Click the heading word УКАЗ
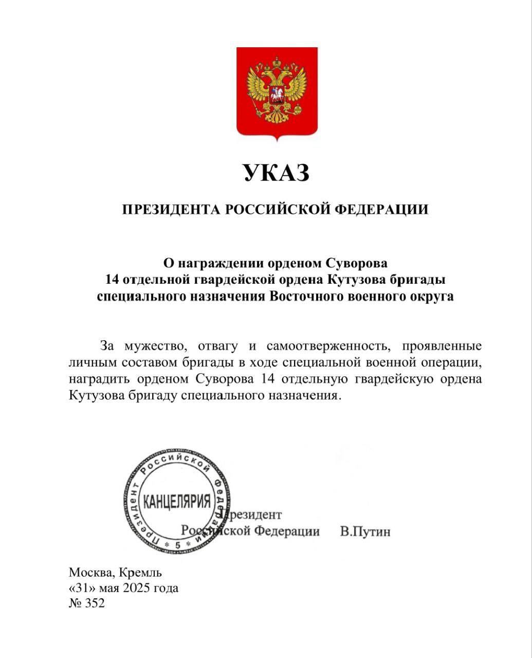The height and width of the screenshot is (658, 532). [x=276, y=173]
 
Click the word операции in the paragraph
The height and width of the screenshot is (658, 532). [x=453, y=362]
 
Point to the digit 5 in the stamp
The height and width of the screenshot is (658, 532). [x=177, y=544]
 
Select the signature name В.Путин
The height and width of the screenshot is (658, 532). [x=365, y=532]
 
